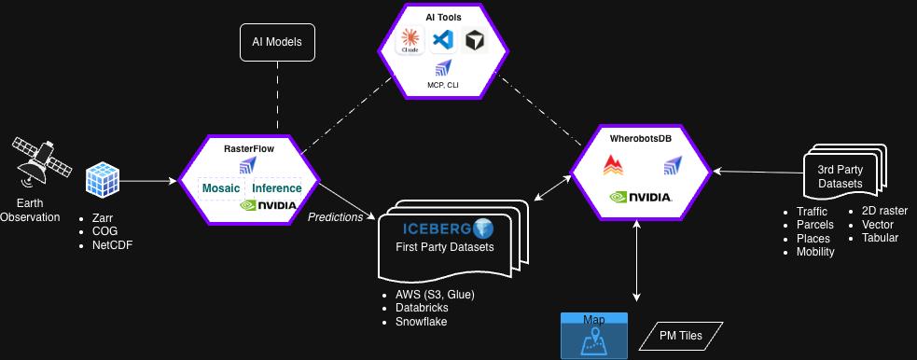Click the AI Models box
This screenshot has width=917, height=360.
278,42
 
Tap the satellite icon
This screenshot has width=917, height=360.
42,162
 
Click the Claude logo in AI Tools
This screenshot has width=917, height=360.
410,41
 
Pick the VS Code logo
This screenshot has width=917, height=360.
443,40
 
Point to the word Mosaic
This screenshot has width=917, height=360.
221,188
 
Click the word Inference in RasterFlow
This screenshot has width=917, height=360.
277,188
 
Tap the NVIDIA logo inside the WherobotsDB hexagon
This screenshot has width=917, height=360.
640,198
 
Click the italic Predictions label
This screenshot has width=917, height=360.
336,217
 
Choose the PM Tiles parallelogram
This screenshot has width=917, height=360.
681,336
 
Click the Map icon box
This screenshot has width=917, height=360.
594,336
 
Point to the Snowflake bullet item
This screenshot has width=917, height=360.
421,322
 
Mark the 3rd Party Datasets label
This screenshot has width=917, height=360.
840,176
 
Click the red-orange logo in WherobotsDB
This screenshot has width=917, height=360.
613,165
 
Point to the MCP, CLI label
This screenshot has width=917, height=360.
443,85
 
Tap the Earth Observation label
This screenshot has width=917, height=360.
30,211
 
